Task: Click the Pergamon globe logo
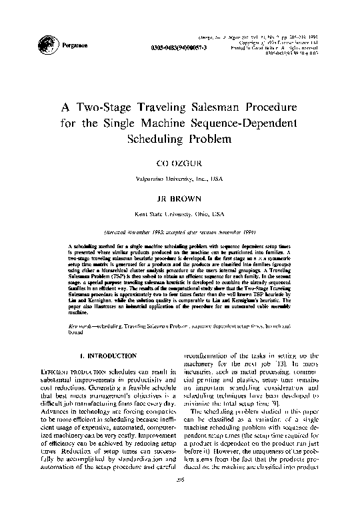(46, 44)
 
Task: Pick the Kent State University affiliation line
(179, 215)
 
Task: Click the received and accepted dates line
(179, 234)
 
